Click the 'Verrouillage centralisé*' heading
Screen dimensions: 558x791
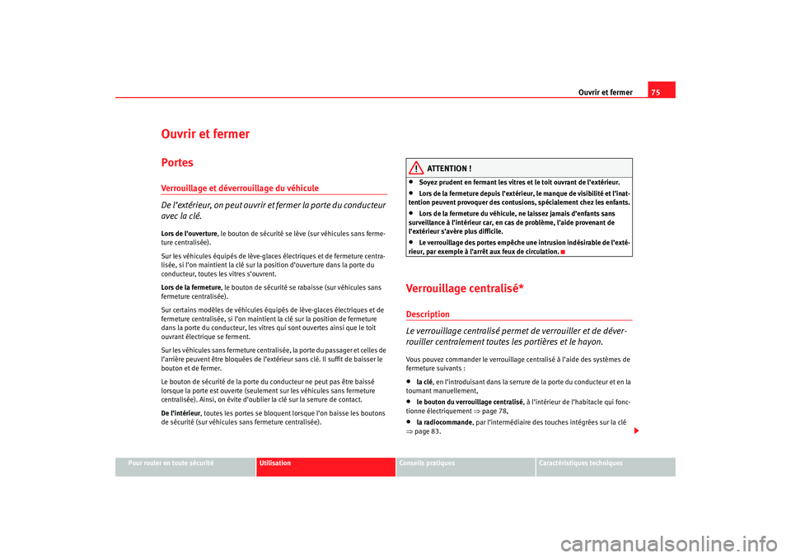point(466,286)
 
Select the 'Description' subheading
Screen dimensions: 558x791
point(428,314)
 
